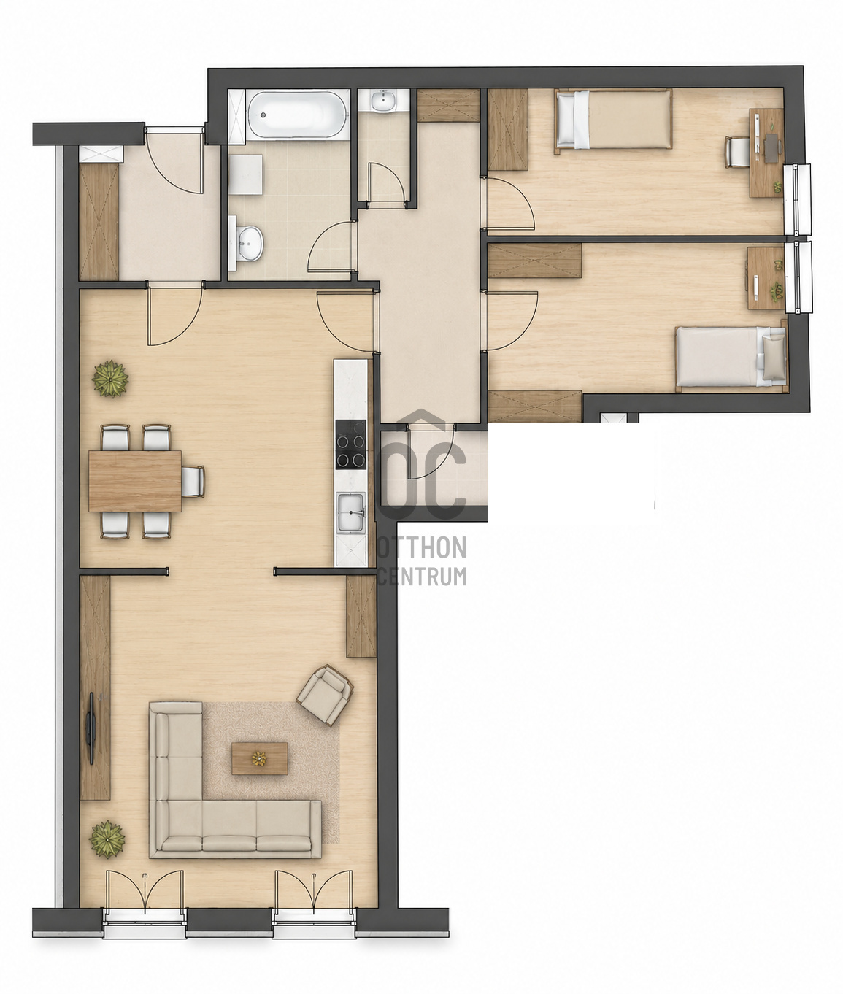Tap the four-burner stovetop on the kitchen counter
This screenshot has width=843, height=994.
(350, 444)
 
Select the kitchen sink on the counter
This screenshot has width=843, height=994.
(351, 512)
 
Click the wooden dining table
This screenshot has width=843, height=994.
(135, 481)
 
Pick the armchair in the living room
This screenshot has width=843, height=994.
(325, 695)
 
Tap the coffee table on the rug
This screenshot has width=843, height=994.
(260, 758)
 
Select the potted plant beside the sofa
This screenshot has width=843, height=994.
(107, 839)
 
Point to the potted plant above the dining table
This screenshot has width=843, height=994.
(111, 379)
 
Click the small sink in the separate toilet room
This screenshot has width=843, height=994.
(383, 101)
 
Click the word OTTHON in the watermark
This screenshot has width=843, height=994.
(422, 547)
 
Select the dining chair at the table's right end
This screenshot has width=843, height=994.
(193, 482)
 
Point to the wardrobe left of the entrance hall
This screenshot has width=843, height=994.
(99, 222)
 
